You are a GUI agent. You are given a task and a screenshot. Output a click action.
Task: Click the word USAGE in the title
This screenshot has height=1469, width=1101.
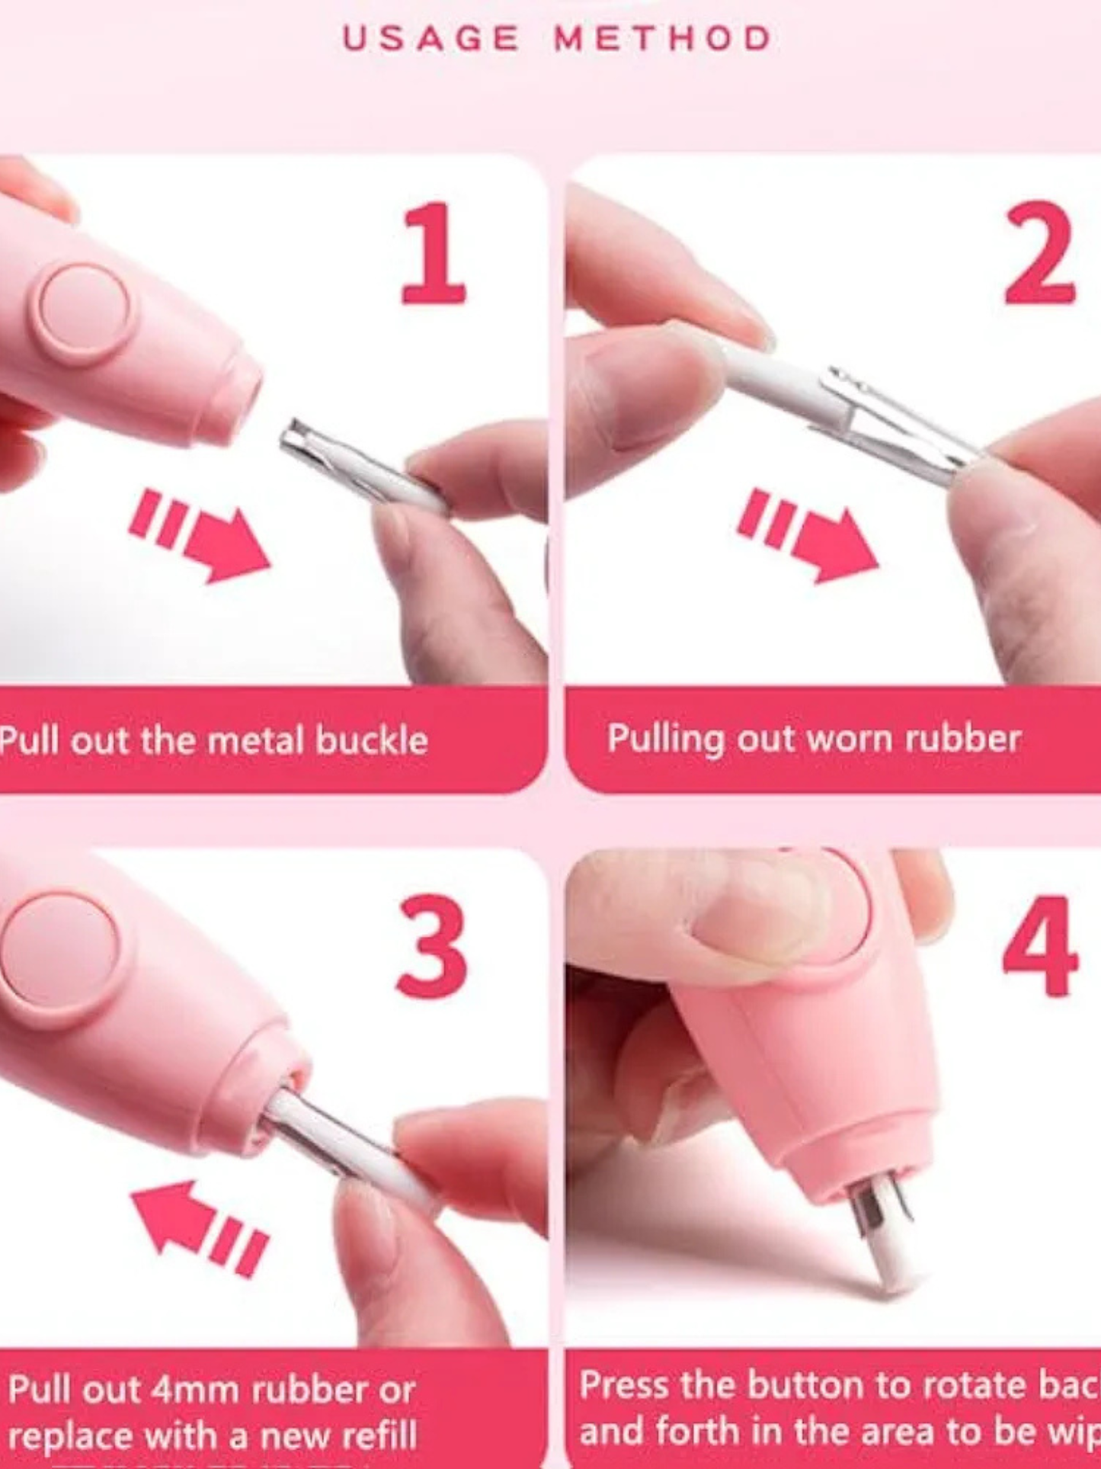point(430,39)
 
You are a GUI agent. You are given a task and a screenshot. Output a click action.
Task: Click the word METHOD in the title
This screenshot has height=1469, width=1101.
point(663,39)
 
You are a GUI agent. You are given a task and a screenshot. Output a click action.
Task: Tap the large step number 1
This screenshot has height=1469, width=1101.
point(434,254)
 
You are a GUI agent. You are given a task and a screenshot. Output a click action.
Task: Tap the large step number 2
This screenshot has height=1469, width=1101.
point(1039,254)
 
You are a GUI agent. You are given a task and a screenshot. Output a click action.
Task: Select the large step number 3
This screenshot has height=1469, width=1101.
point(431,948)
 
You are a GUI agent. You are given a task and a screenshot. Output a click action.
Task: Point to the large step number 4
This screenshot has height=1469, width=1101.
point(1039,948)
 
